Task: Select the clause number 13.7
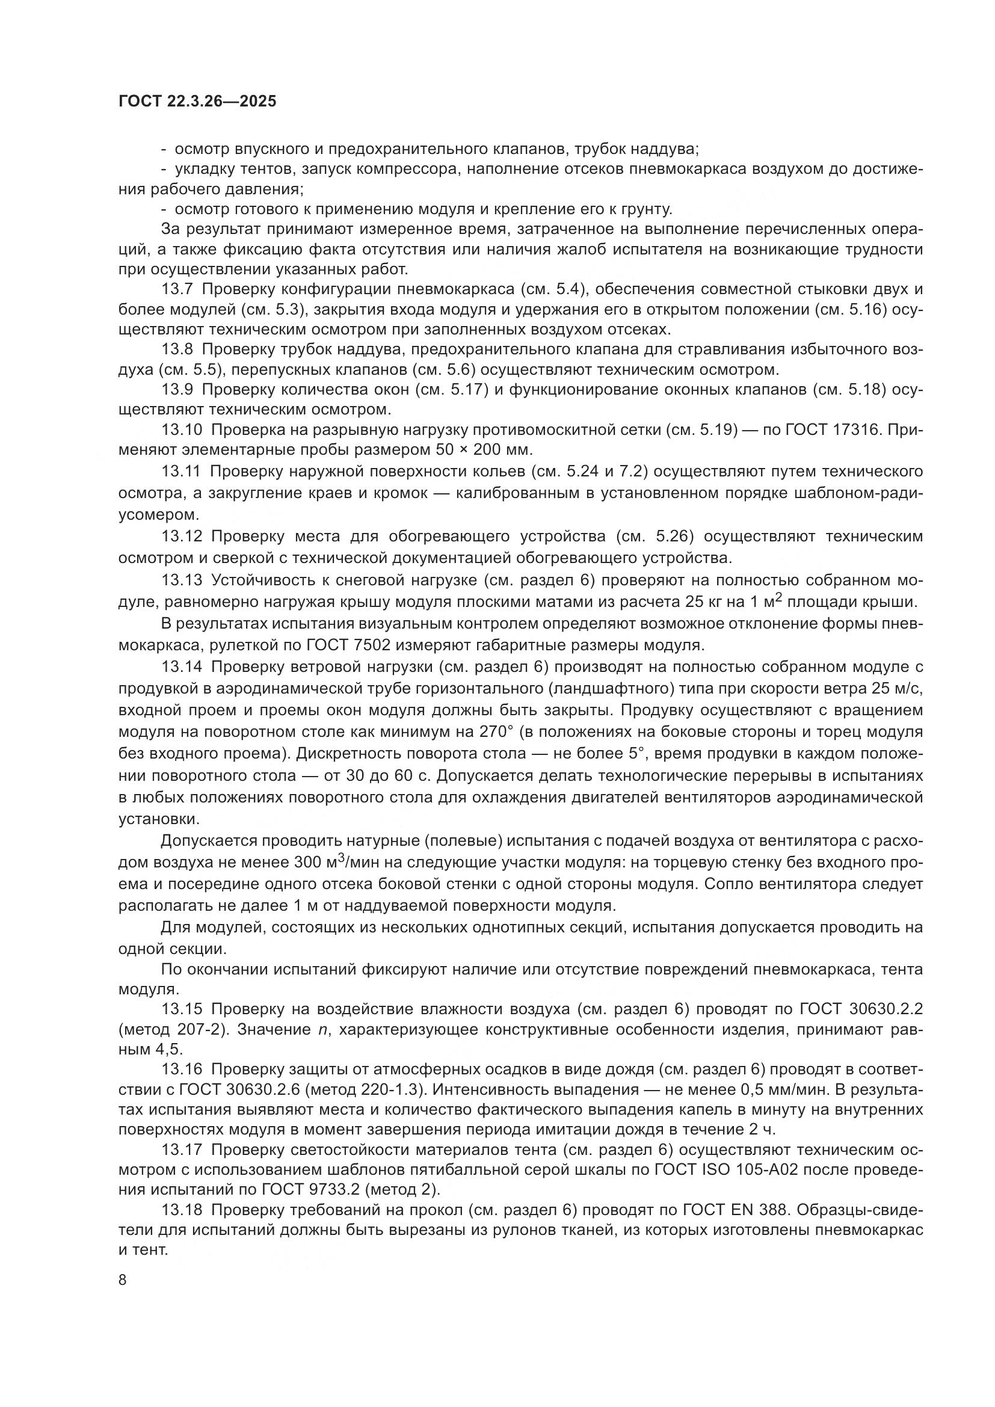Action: [x=177, y=289]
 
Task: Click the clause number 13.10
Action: [x=182, y=430]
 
